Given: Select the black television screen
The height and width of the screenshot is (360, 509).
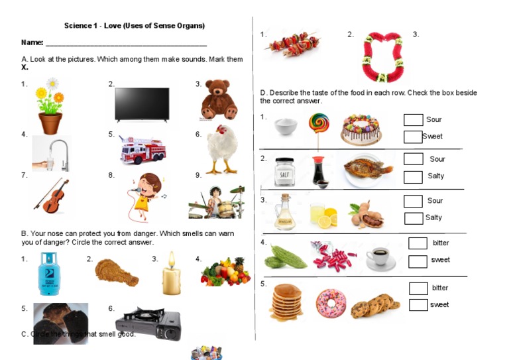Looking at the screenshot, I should [142, 103].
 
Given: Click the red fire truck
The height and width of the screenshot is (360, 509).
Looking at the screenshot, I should [142, 149].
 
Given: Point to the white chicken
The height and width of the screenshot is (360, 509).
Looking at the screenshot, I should [220, 149].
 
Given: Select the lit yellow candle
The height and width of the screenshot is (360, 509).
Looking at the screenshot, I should [171, 274].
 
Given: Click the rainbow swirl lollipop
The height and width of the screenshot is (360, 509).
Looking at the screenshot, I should [318, 125].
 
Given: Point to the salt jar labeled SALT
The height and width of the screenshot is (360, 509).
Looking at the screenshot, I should [284, 172].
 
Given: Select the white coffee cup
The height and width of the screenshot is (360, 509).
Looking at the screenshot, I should [380, 257].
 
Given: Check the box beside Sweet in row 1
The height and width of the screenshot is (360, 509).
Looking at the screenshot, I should [413, 137].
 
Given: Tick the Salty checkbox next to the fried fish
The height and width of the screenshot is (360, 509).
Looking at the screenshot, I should [413, 177].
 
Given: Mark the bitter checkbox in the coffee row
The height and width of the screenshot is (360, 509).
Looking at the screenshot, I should [418, 243].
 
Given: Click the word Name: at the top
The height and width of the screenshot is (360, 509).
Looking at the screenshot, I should [32, 42].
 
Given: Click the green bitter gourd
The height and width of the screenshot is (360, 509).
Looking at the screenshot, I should [284, 257].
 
